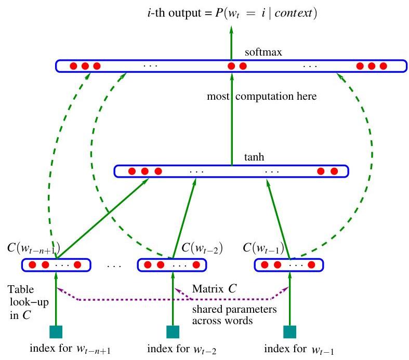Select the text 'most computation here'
(261, 97)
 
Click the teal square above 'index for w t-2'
(171, 331)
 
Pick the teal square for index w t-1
(289, 331)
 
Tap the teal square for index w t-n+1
(55, 331)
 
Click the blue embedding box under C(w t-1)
(289, 265)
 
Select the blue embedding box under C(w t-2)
(171, 265)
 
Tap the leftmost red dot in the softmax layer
(73, 66)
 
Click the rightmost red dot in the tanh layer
(334, 171)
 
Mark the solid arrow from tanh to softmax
(231, 119)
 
